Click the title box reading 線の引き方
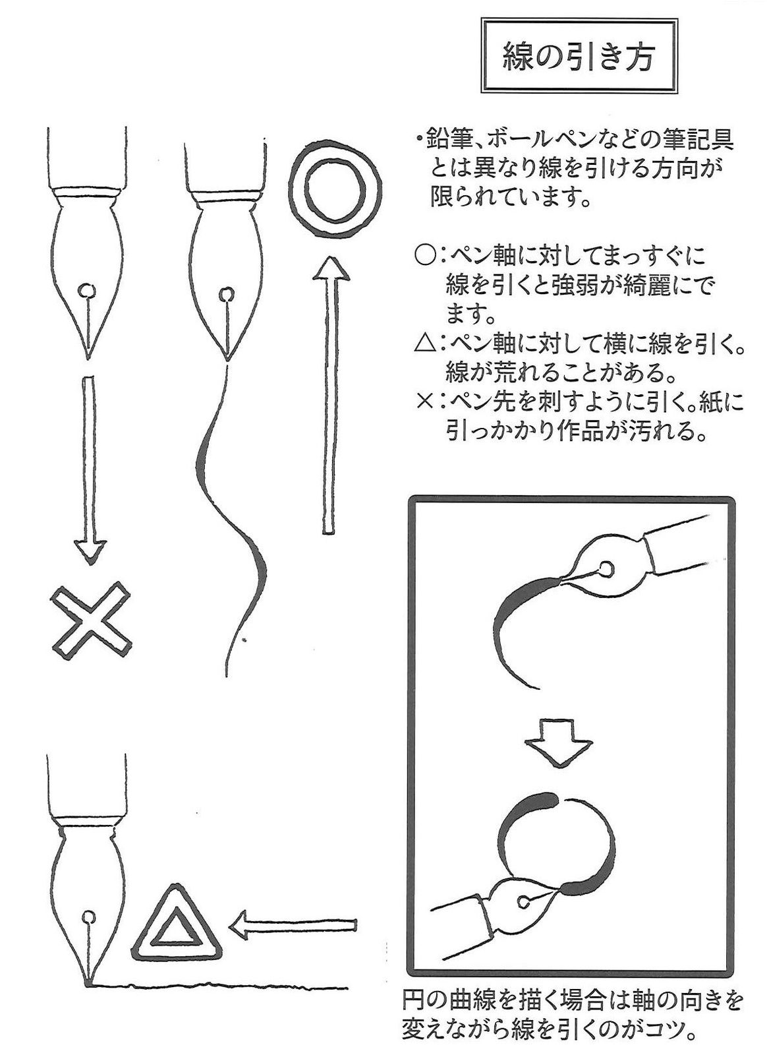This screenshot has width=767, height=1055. pyautogui.click(x=578, y=57)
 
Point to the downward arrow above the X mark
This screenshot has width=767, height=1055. pyautogui.click(x=90, y=468)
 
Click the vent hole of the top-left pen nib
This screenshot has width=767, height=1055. pyautogui.click(x=86, y=289)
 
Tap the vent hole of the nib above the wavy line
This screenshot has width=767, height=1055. pyautogui.click(x=226, y=294)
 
